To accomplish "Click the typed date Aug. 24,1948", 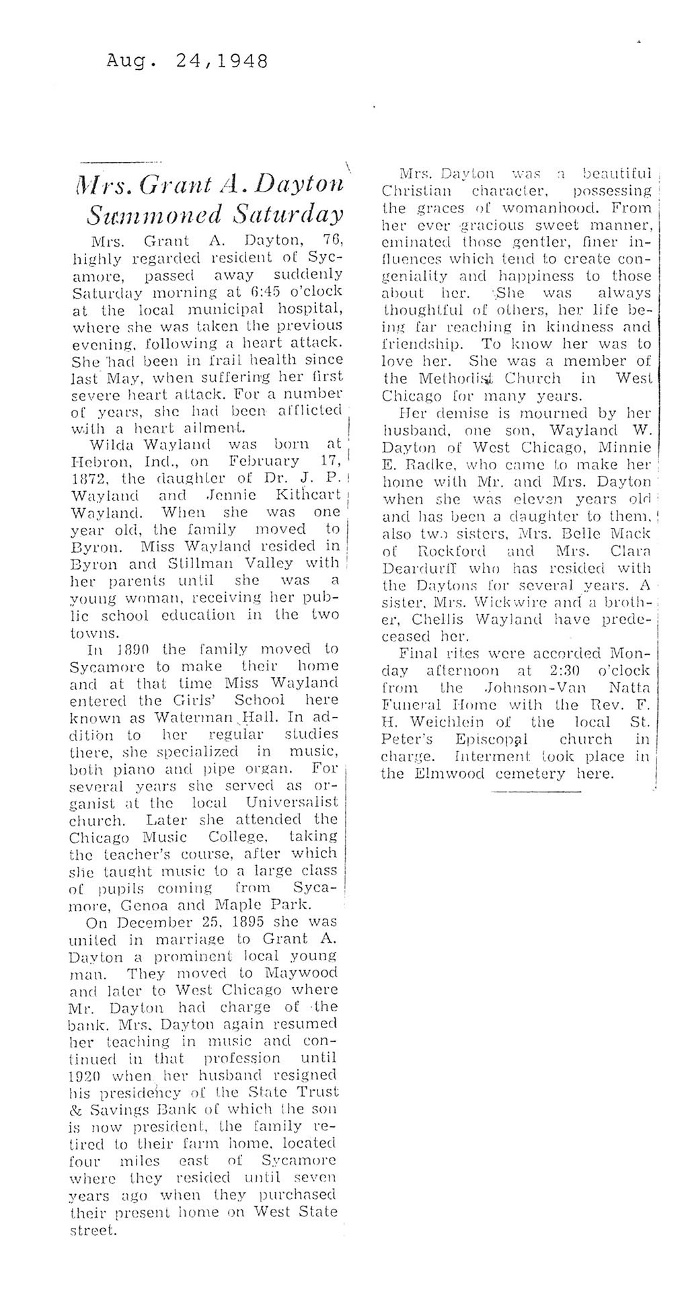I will (187, 63).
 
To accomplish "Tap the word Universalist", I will (292, 803).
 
